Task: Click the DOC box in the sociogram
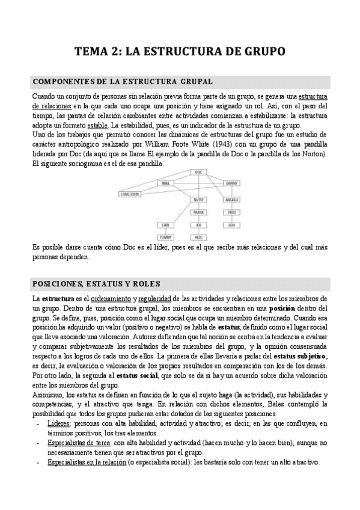click(x=198, y=172)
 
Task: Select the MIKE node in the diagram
click(x=166, y=183)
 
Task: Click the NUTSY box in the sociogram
click(x=198, y=200)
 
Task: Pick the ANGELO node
click(x=231, y=200)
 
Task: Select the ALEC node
click(x=198, y=237)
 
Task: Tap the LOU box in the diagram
click(x=231, y=225)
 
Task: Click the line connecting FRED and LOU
click(x=231, y=219)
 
